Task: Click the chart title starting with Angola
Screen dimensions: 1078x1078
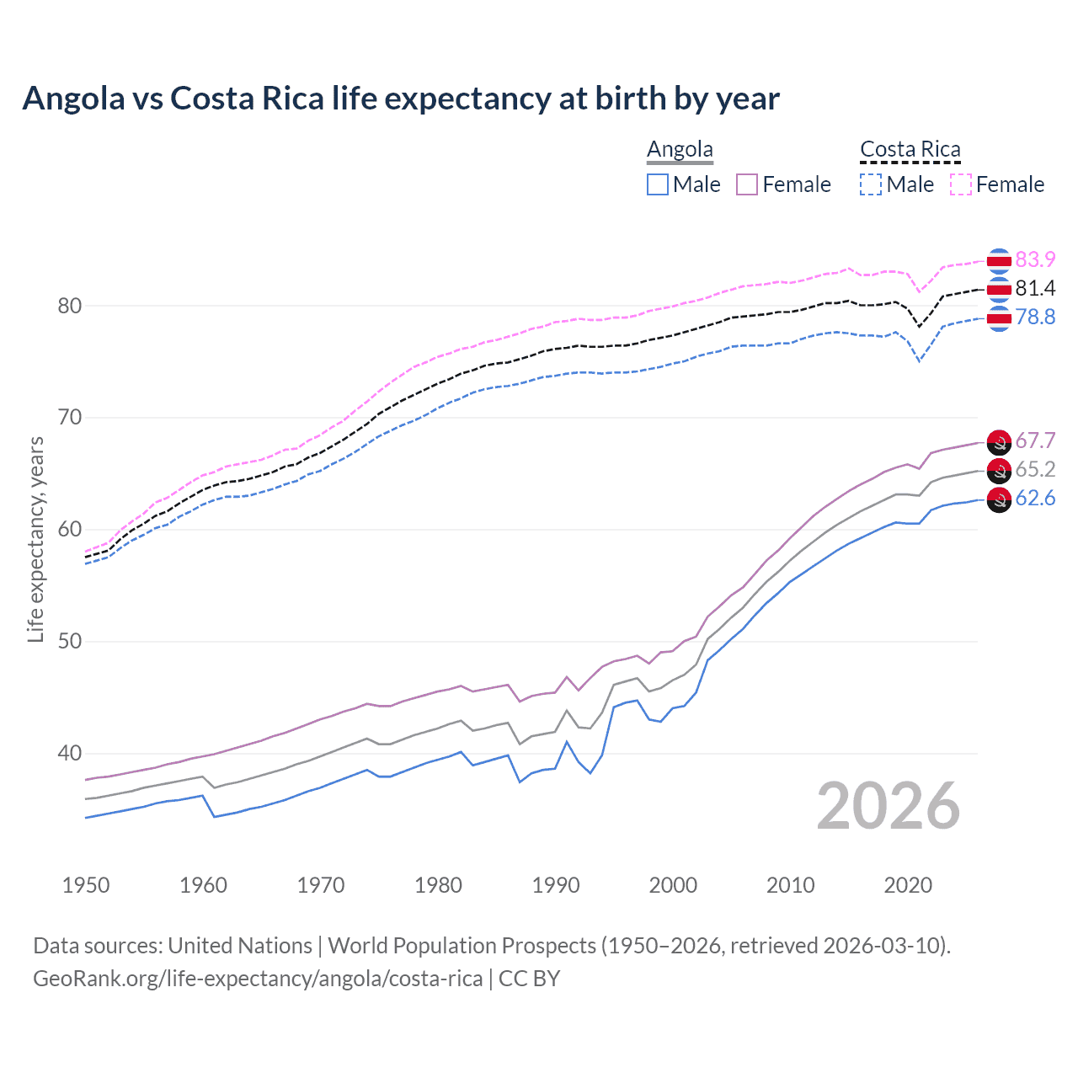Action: [x=401, y=99]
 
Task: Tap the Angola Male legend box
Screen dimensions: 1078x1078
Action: [x=658, y=184]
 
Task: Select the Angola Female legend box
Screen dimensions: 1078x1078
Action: [x=747, y=184]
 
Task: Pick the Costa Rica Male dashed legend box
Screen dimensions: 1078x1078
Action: [x=871, y=184]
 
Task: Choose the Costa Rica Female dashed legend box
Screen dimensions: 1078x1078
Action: [x=961, y=184]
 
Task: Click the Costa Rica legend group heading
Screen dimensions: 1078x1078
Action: [x=910, y=149]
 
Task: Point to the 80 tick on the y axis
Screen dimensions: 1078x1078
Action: [x=70, y=306]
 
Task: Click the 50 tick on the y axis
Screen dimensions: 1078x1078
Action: [x=70, y=642]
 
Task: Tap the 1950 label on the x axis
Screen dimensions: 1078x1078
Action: [x=86, y=885]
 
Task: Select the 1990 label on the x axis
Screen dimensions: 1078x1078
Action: [x=556, y=885]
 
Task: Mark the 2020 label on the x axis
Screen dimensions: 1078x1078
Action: [x=908, y=885]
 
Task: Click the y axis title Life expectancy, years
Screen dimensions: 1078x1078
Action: [x=35, y=539]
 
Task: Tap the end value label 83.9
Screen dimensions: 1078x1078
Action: [x=1035, y=259]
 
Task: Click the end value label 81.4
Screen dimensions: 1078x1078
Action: [x=1035, y=288]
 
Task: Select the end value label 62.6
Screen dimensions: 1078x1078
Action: [x=1035, y=498]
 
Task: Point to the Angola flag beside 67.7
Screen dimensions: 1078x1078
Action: [x=999, y=441]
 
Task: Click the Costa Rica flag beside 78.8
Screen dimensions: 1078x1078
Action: [x=999, y=318]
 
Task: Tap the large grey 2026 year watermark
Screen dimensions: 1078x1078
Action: [x=888, y=806]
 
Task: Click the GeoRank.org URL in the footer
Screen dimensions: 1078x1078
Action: [x=258, y=979]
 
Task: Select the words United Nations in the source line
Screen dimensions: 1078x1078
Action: [x=240, y=946]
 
